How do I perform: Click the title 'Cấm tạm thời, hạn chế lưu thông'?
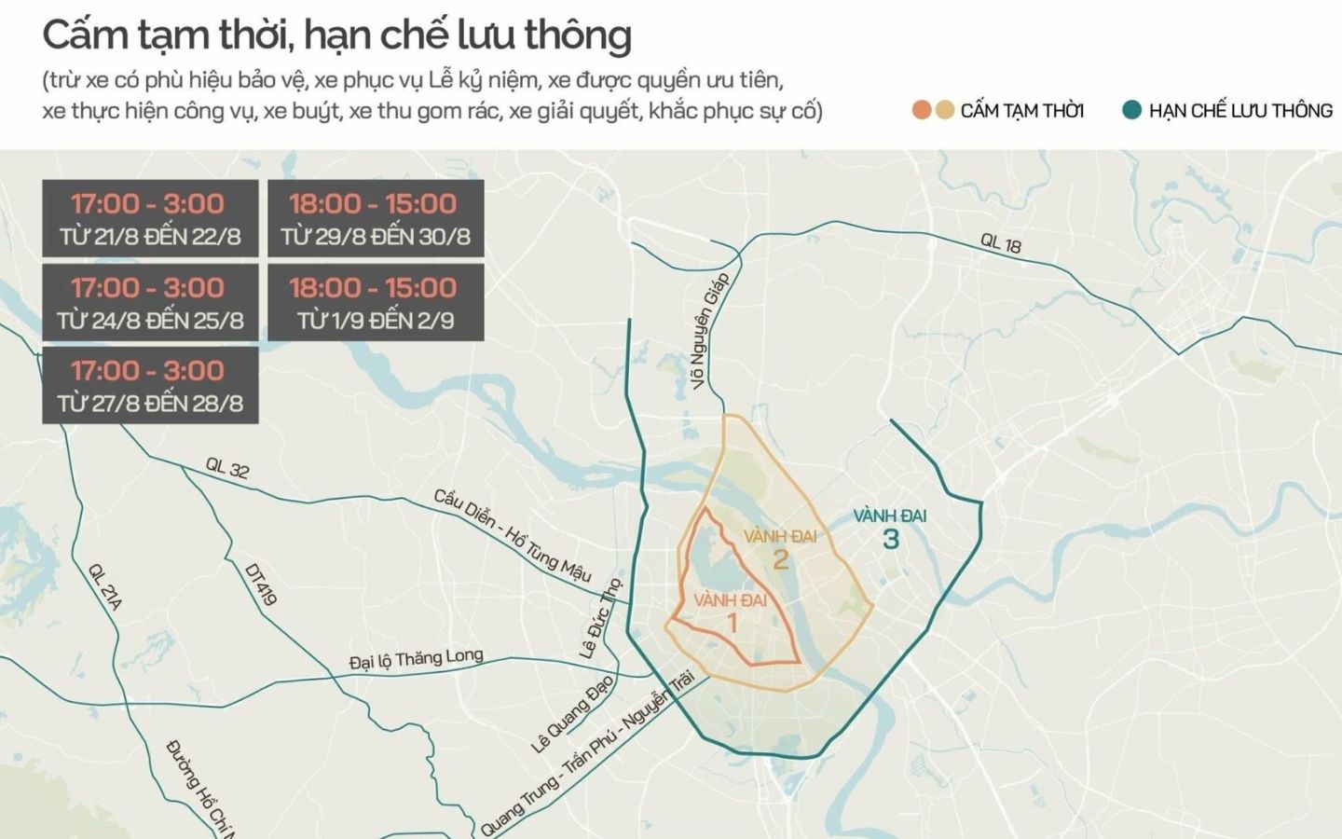[336, 35]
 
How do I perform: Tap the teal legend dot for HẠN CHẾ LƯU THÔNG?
[1131, 111]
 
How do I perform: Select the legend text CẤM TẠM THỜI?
[1021, 111]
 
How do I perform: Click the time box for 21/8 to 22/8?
[150, 219]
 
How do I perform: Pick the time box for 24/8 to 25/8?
[150, 303]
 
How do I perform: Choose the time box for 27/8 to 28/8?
[150, 386]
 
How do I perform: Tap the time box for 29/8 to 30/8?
[376, 219]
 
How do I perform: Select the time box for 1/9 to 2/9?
[376, 303]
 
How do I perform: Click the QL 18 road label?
[1000, 243]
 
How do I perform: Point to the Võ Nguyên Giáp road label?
[709, 330]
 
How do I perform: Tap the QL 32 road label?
[227, 468]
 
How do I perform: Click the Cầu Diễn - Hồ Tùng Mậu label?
[512, 536]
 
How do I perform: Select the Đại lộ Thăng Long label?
[416, 660]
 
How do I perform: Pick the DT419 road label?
[260, 585]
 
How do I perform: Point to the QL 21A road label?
[104, 586]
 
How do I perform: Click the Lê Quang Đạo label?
[572, 713]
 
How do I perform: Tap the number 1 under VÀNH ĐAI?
[732, 623]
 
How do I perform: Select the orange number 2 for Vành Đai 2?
[781, 559]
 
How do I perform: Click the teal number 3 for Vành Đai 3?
[891, 539]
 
